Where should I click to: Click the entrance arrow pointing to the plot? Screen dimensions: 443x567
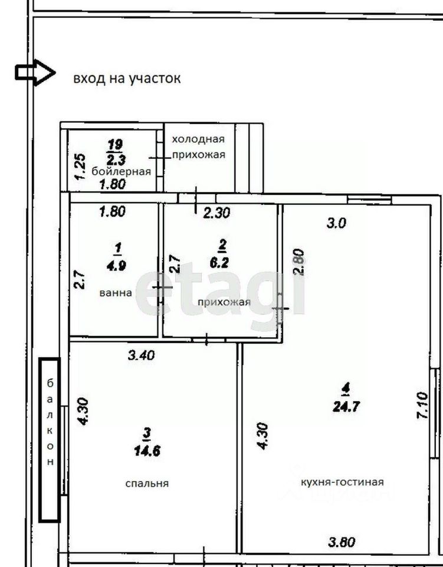35,73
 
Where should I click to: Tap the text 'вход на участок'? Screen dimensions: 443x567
127,78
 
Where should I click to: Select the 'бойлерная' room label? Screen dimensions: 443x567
121,171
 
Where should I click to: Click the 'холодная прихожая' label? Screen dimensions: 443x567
198,146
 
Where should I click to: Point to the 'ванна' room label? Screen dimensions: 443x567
116,292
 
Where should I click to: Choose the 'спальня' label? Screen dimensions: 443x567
147,483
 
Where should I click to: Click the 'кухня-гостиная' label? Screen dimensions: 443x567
342,482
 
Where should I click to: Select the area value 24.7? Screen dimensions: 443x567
346,407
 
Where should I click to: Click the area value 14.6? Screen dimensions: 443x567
147,451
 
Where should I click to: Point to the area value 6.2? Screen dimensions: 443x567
219,262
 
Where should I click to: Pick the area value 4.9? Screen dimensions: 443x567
116,265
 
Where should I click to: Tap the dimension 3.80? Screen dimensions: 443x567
342,542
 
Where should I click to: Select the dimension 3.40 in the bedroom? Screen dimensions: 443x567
141,355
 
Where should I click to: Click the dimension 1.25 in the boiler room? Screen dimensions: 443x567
80,167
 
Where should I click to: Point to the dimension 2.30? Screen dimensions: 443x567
216,213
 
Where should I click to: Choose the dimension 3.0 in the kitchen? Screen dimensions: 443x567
336,223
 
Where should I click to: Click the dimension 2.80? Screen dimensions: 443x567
298,262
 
